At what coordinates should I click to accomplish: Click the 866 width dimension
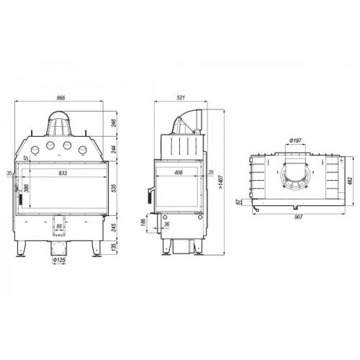60,98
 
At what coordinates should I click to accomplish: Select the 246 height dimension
114,123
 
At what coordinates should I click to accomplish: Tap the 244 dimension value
114,149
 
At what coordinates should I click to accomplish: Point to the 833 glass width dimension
63,173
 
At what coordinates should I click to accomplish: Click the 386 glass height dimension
26,188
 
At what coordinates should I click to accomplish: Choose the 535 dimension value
114,188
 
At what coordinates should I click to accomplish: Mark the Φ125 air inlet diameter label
59,260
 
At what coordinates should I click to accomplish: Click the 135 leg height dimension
114,246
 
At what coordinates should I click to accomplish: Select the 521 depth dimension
181,98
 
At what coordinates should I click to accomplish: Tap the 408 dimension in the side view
179,172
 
